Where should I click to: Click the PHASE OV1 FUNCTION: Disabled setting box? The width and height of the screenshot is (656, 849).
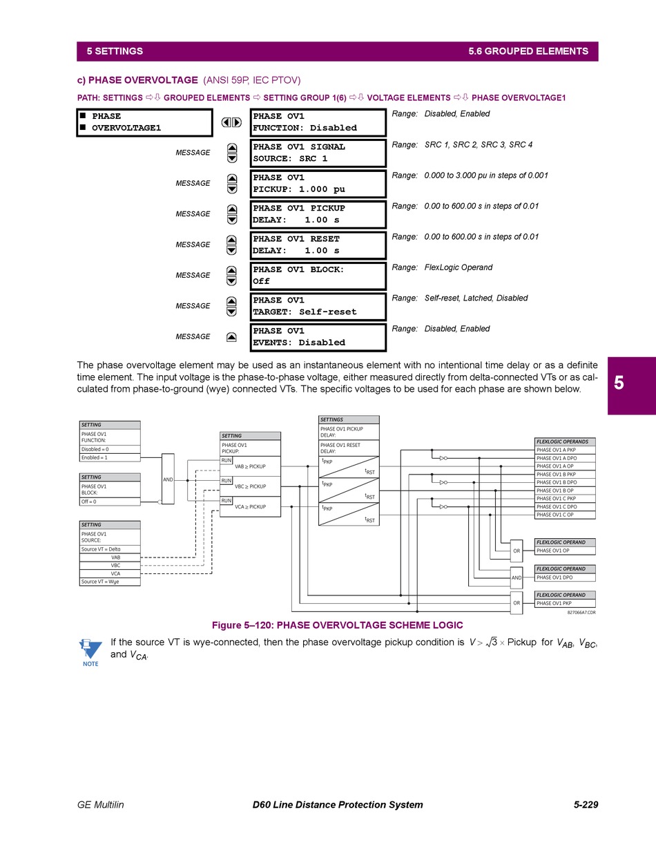[318, 122]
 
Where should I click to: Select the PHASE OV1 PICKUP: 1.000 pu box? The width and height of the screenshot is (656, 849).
[318, 183]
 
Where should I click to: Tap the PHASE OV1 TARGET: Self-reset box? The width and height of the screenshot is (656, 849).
[318, 306]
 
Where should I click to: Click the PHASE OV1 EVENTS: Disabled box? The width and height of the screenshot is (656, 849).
[318, 336]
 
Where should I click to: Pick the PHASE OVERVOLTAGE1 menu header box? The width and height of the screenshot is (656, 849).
[144, 122]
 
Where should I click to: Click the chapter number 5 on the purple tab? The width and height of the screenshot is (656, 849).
[619, 383]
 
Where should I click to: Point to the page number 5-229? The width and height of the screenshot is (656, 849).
[586, 805]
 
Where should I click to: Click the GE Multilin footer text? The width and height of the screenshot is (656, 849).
[101, 805]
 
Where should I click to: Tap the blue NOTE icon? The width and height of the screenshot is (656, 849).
[90, 652]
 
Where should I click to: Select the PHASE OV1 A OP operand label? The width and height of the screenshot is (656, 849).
[564, 466]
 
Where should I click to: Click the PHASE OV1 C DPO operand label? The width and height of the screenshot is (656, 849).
[564, 506]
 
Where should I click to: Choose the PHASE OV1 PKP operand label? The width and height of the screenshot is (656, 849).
[564, 603]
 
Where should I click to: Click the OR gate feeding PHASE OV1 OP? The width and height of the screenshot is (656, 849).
[517, 551]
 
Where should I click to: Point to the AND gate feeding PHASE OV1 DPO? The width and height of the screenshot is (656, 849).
[517, 577]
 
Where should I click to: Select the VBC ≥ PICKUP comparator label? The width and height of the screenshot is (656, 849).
[250, 486]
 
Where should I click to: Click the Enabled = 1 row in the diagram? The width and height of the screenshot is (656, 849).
[110, 457]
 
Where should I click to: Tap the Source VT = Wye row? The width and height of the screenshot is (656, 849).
[110, 582]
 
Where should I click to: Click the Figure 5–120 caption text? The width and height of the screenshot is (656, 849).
[337, 625]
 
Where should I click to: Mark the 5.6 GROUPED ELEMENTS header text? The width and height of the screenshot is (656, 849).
[528, 51]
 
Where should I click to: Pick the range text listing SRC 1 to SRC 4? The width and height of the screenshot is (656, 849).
[478, 145]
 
